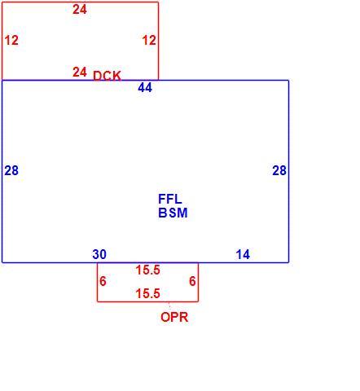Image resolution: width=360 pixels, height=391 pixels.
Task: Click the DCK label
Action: tap(107, 76)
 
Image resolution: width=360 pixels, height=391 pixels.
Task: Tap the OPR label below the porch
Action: tap(174, 317)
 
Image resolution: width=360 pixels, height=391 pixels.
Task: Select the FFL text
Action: tap(170, 199)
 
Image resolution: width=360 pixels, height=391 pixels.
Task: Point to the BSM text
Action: tap(173, 213)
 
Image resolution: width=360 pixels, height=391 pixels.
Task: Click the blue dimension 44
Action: tap(145, 87)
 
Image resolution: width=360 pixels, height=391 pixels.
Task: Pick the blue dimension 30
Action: tap(99, 254)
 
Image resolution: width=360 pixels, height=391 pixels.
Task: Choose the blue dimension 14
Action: tap(243, 254)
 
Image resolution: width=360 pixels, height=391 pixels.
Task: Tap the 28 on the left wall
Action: tap(11, 170)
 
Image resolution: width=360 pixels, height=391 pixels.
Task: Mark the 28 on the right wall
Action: tap(279, 170)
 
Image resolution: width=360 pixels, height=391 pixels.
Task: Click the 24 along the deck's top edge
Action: tap(80, 10)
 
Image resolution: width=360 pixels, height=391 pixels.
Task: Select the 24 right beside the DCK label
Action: tap(80, 72)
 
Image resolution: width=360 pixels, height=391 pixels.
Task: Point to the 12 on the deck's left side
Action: tap(11, 40)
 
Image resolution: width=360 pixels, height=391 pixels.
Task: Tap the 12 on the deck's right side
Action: tap(149, 40)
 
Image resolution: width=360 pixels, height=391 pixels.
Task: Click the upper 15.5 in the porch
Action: tap(148, 270)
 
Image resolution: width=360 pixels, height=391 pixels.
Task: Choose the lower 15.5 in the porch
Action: tap(148, 293)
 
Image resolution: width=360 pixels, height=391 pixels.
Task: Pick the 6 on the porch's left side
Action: tap(103, 281)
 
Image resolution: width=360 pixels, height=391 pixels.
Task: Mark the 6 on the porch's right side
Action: tap(192, 281)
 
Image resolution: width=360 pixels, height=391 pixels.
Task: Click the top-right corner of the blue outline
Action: tap(288, 81)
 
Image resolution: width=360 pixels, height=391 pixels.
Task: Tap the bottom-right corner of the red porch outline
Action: tap(198, 301)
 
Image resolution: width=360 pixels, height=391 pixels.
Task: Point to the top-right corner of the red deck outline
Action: tap(158, 2)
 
